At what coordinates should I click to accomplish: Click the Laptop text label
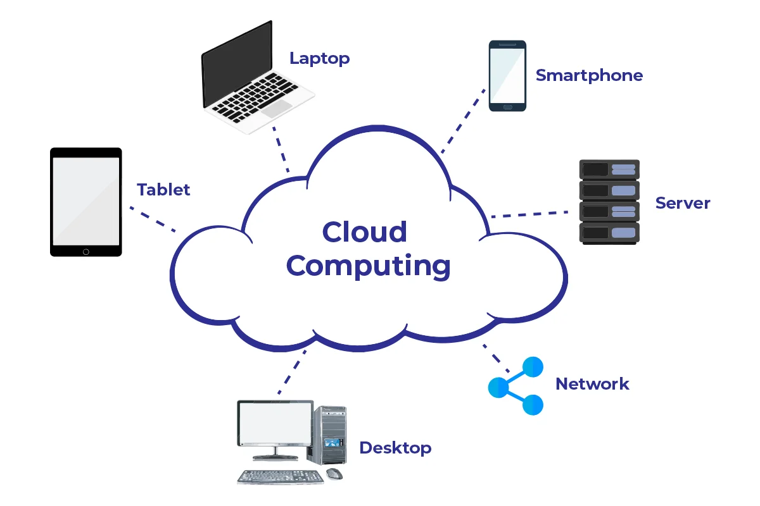pos(319,59)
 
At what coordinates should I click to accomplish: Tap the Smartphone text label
pos(589,75)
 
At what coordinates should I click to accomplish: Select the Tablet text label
pos(163,189)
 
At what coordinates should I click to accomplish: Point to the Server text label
pos(683,203)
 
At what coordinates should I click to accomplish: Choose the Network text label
pos(592,383)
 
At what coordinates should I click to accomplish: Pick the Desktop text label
pos(395,448)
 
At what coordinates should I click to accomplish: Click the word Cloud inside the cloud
pos(365,231)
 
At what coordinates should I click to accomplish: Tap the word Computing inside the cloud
pos(369,266)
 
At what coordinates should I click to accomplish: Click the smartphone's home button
pos(507,107)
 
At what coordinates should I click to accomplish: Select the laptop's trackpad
pos(277,109)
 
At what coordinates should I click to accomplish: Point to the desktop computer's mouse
pos(334,473)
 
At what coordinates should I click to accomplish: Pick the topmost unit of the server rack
pos(609,169)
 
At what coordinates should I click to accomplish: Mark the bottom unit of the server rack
pos(609,233)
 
